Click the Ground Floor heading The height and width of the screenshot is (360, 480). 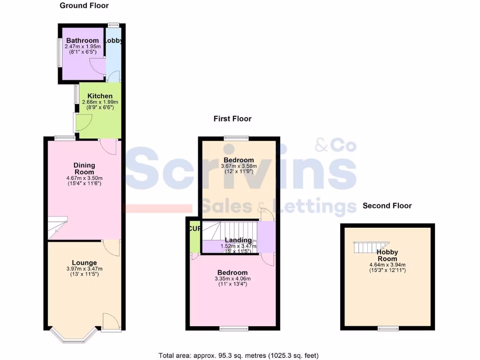click(84, 6)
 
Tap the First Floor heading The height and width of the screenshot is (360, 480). click(232, 119)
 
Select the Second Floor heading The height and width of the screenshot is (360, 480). click(387, 206)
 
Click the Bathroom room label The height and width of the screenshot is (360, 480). click(82, 41)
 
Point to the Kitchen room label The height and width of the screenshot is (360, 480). click(100, 96)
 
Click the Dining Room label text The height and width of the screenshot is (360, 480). click(84, 168)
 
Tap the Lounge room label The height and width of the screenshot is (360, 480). click(84, 262)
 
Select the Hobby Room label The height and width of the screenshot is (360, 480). click(387, 255)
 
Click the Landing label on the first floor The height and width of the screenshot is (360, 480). click(238, 240)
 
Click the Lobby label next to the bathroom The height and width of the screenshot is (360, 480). click(113, 41)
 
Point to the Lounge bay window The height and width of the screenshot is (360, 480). click(74, 336)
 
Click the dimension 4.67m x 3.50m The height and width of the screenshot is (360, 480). click(84, 178)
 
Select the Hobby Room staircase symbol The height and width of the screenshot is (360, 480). click(370, 247)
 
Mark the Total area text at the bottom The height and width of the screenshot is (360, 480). click(239, 355)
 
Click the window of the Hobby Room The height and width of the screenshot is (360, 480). click(389, 328)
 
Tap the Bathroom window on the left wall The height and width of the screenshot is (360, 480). click(59, 52)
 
